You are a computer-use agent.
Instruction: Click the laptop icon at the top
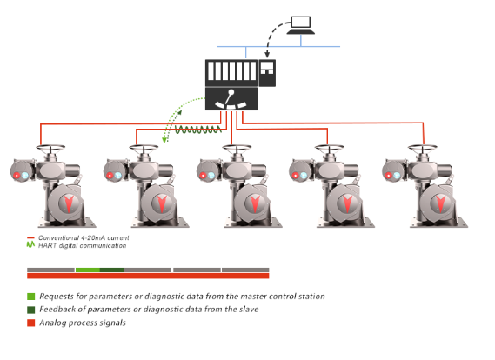[x=300, y=25]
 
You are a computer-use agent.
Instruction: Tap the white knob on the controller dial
[x=231, y=92]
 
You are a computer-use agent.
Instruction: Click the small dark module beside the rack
[x=267, y=73]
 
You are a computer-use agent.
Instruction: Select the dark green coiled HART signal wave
[x=198, y=130]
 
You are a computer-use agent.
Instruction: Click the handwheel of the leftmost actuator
[x=50, y=148]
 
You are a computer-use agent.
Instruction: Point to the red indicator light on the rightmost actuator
[x=389, y=176]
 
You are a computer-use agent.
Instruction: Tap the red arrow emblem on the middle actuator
[x=255, y=203]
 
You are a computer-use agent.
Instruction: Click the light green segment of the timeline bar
[x=88, y=270]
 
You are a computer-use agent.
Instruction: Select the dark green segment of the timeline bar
[x=111, y=270]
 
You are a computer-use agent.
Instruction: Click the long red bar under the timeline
[x=148, y=276]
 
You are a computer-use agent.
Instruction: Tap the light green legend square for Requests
[x=31, y=297]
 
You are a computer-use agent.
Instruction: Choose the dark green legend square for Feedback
[x=31, y=310]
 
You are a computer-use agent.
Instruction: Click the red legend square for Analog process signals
[x=31, y=323]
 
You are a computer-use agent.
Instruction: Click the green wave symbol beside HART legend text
[x=30, y=244]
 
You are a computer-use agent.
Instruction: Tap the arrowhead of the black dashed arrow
[x=267, y=55]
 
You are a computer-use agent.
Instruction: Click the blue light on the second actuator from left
[x=118, y=176]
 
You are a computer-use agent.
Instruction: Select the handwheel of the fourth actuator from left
[x=329, y=148]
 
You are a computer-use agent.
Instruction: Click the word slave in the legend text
[x=249, y=310]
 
